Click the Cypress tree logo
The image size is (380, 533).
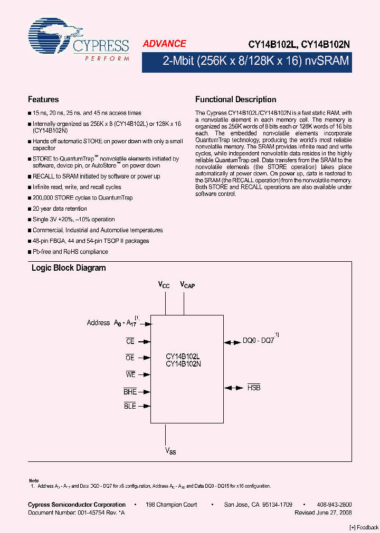51,37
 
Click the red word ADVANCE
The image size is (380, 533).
164,44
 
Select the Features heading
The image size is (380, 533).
43,100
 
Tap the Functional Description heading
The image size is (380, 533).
235,100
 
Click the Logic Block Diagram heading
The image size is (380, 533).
69,268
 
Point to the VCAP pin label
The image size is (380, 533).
187,285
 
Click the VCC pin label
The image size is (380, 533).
164,285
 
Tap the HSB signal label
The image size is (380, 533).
254,387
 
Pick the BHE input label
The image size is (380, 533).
130,391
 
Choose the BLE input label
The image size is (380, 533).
130,406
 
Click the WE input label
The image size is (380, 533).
131,374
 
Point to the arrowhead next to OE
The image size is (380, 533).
148,358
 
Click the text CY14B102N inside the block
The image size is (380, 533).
183,364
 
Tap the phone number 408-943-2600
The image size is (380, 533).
335,505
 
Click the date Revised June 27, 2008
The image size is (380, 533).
323,512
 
